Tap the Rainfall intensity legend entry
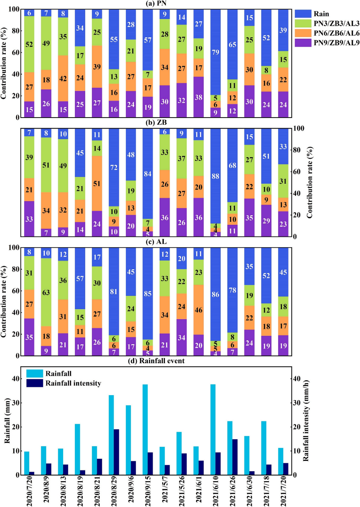coord(79,383)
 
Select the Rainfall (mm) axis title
coord(7,426)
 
